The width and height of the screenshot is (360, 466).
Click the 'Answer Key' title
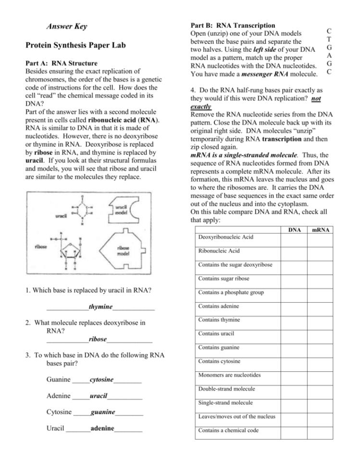[x=67, y=26]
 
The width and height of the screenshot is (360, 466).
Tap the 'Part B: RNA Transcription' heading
[x=233, y=25]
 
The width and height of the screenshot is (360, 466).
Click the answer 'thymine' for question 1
[x=100, y=307]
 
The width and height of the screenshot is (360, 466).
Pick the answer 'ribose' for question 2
[x=98, y=339]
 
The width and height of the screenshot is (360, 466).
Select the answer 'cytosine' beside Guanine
[x=101, y=380]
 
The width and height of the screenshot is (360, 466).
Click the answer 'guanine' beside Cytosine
[x=103, y=412]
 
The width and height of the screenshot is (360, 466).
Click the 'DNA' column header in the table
[x=294, y=230]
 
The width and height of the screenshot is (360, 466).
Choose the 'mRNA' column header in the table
[x=320, y=230]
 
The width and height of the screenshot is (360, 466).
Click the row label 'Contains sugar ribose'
[x=223, y=279]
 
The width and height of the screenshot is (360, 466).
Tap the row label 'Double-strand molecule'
[x=226, y=389]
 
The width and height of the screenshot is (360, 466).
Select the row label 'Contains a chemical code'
[x=228, y=430]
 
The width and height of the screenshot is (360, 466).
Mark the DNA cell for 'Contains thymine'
[x=294, y=320]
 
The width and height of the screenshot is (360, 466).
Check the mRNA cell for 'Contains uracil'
[x=320, y=334]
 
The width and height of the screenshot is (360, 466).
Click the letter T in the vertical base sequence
[x=328, y=39]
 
